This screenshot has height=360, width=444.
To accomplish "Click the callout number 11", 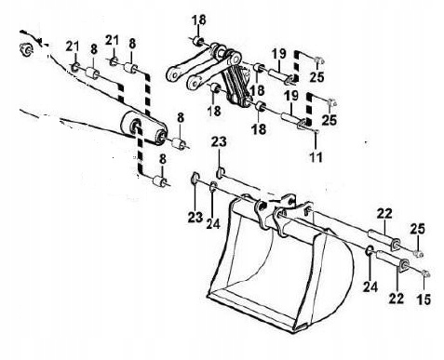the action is pyautogui.click(x=316, y=157).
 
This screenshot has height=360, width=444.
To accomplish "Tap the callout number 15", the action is pyautogui.click(x=424, y=300).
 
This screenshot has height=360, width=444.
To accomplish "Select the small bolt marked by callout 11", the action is pyautogui.click(x=316, y=132).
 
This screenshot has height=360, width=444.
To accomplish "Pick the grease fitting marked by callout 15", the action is pyautogui.click(x=424, y=273).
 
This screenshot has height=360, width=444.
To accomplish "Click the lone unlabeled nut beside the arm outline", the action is pyautogui.click(x=26, y=49).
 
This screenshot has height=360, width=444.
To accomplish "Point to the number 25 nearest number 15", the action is pyautogui.click(x=417, y=229).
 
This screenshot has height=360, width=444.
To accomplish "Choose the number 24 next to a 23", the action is pyautogui.click(x=213, y=223).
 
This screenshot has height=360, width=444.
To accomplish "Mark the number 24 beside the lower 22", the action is pyautogui.click(x=370, y=287).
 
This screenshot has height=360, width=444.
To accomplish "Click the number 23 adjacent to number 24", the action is pyautogui.click(x=195, y=218).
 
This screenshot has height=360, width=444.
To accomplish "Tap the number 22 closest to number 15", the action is pyautogui.click(x=397, y=298).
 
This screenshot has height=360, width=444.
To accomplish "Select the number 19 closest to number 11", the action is pyautogui.click(x=291, y=96).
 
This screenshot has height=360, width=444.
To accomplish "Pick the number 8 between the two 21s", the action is pyautogui.click(x=94, y=49).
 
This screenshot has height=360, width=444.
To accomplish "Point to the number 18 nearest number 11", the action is pyautogui.click(x=259, y=128).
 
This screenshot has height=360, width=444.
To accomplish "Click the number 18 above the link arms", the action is pyautogui.click(x=198, y=20).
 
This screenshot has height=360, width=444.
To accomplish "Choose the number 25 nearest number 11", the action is pyautogui.click(x=330, y=119).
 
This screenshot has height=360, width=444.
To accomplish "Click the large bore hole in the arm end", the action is pyautogui.click(x=136, y=126).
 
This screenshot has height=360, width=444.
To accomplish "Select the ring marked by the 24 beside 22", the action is pyautogui.click(x=370, y=250).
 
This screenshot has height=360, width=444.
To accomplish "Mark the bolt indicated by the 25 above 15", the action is pyautogui.click(x=419, y=254).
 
